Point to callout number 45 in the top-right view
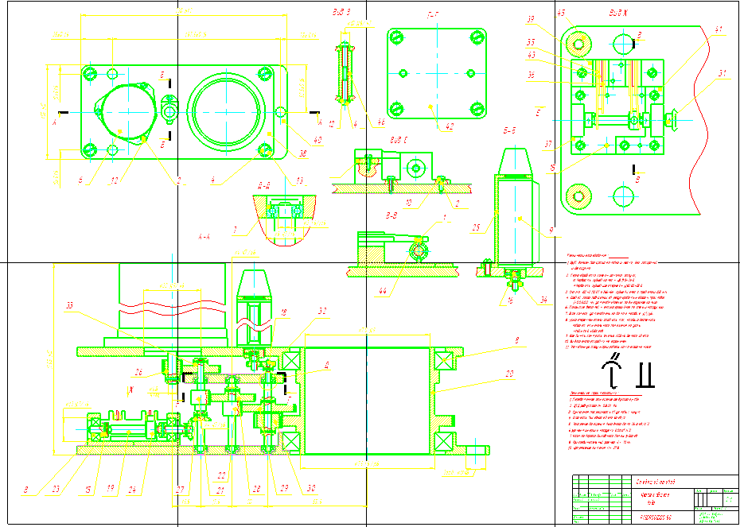click(560, 13)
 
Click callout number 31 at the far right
click(722, 74)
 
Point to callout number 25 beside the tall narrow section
click(477, 227)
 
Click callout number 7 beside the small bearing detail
click(235, 230)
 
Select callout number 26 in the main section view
click(138, 371)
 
